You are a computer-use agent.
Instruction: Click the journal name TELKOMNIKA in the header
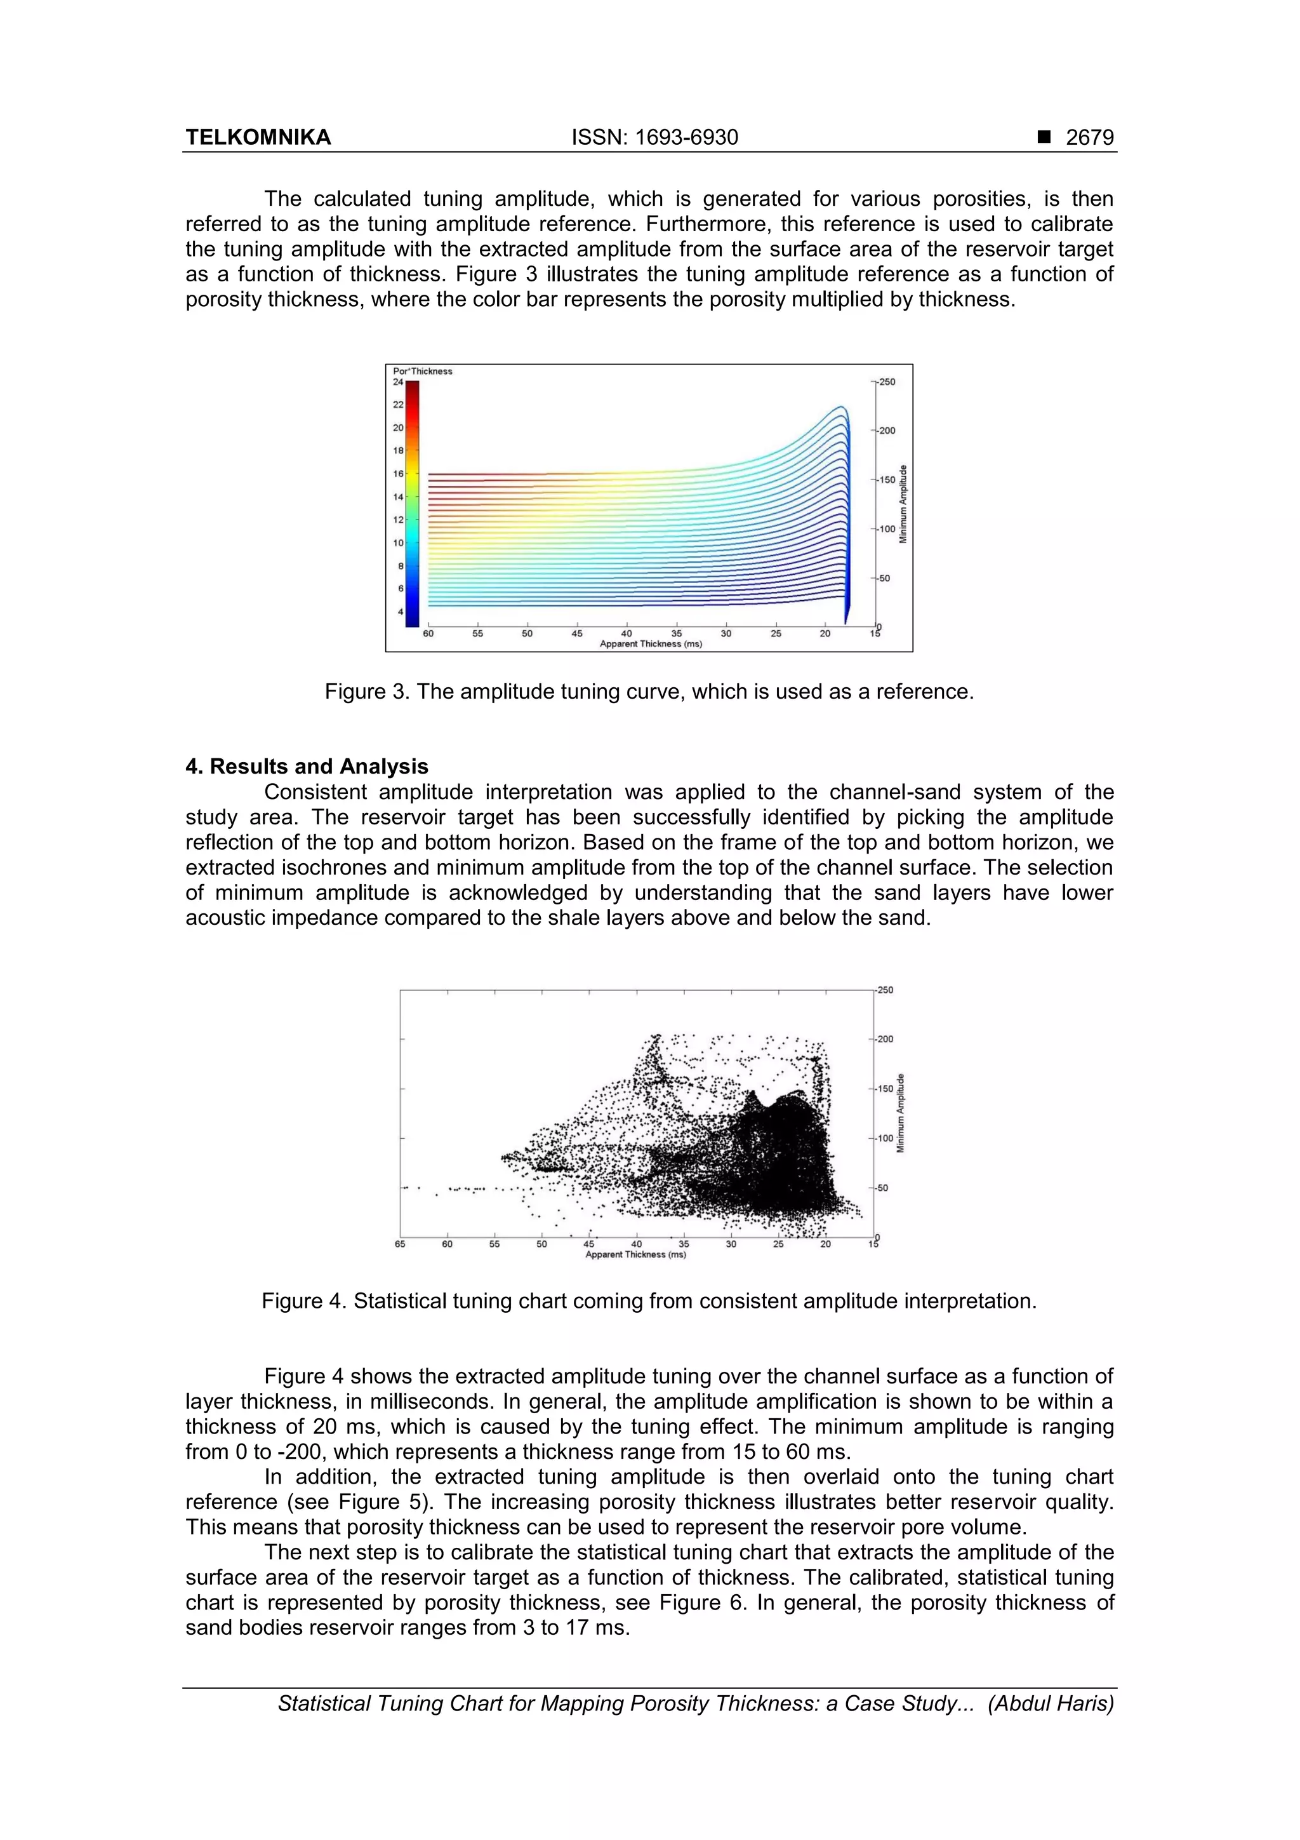(x=258, y=138)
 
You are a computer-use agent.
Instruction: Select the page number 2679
(x=1089, y=138)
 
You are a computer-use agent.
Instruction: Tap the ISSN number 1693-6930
(x=654, y=138)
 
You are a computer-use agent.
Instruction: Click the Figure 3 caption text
(x=649, y=692)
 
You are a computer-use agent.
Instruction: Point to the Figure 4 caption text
(x=649, y=1301)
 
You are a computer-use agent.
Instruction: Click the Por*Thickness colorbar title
(x=422, y=371)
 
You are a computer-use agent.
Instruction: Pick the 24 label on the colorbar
(x=397, y=382)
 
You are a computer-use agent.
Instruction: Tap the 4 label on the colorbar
(x=401, y=612)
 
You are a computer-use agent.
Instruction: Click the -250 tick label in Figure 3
(x=886, y=382)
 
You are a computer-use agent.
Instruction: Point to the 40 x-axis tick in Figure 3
(x=627, y=634)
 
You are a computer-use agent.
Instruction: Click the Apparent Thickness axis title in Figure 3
(x=651, y=643)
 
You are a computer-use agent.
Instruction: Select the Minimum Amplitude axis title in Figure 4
(x=900, y=1113)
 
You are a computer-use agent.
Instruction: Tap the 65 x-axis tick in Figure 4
(x=400, y=1245)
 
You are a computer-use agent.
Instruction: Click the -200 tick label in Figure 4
(x=884, y=1040)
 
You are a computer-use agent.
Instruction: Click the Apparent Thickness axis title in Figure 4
(x=635, y=1254)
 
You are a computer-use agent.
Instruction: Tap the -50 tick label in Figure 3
(x=884, y=578)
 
